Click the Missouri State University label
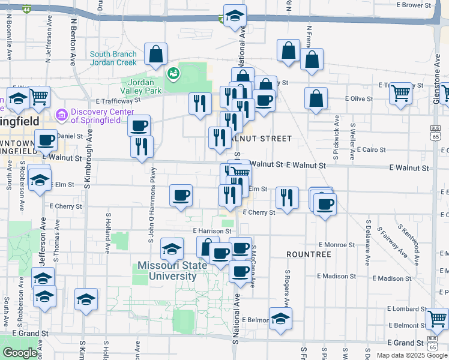[x=167, y=271]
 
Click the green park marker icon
[x=173, y=73]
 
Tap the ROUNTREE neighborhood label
[x=309, y=254]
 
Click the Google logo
[x=20, y=353]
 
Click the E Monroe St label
[x=338, y=245]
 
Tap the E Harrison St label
[x=212, y=230]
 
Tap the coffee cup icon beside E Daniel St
[x=46, y=140]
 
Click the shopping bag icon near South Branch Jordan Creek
[x=156, y=54]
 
